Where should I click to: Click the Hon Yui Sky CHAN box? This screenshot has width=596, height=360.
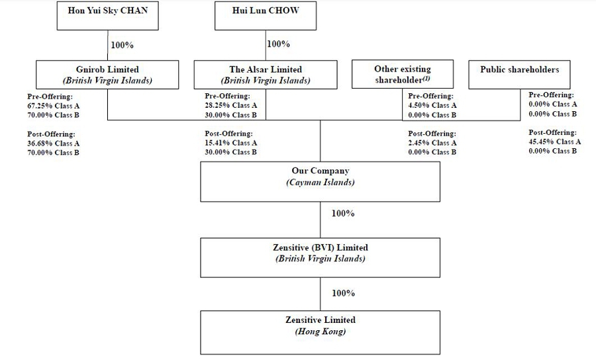coord(107,16)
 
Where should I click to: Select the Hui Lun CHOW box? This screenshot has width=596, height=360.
coord(266,16)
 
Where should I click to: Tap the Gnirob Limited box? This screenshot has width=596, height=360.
coord(107,74)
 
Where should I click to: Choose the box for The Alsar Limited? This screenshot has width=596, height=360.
coord(266,74)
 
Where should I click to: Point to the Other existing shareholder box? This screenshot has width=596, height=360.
coord(403,74)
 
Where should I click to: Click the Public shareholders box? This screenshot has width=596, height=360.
coord(519,74)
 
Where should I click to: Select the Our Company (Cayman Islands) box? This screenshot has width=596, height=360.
coord(320,181)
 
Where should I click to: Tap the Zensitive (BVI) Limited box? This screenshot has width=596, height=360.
coord(320,257)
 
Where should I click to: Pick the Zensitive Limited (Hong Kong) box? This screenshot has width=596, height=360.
coord(320,333)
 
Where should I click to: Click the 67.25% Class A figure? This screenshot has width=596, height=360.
coord(53,106)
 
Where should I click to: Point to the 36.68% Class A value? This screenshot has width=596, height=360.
coord(53,143)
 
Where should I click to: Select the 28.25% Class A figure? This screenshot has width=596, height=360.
coord(230,105)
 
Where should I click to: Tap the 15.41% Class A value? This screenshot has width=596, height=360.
coord(230,143)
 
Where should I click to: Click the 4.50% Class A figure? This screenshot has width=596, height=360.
coord(432,105)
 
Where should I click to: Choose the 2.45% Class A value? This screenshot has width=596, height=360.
coord(432,143)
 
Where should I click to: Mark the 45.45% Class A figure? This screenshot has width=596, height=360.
coord(554,142)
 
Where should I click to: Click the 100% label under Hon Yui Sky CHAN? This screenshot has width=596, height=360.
coord(122,45)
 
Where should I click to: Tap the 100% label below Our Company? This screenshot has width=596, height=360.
coord(343,213)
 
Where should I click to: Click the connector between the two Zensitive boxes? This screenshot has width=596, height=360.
coord(320,294)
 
